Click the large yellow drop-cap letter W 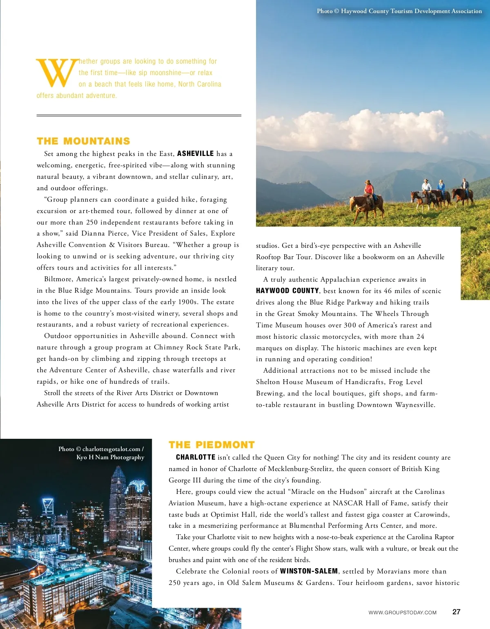point(57,73)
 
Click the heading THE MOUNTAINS point(83,141)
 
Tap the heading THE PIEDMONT point(212,445)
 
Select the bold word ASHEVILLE point(195,153)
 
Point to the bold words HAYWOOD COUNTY point(287,291)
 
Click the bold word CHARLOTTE point(196,457)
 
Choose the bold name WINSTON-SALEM point(309,571)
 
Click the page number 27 point(456,612)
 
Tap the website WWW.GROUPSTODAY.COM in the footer point(402,612)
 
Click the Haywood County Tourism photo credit point(399,11)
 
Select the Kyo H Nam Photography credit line point(110,457)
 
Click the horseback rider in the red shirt point(369,189)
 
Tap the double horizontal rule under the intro point(139,116)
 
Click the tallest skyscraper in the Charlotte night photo point(118,494)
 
